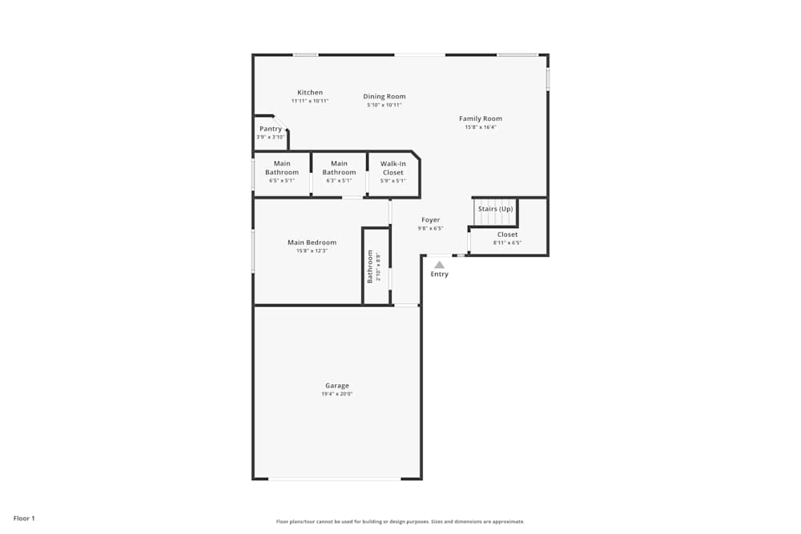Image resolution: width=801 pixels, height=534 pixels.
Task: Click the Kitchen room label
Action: point(310,93)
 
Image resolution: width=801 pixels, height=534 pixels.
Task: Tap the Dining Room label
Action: point(384,97)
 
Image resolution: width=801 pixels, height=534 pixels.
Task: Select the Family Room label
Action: point(481,119)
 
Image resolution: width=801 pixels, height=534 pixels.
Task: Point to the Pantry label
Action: point(271,129)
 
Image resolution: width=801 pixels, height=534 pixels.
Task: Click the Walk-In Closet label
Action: point(392,168)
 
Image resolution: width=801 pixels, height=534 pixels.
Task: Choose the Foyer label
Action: point(431,220)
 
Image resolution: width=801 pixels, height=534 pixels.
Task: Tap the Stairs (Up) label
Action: point(495,209)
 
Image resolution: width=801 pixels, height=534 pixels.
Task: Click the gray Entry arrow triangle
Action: point(439,263)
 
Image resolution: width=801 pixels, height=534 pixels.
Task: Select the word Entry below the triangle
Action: point(440,275)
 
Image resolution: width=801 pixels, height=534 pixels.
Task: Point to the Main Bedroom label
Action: point(312,243)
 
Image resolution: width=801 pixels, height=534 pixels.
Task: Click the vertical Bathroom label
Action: point(370,267)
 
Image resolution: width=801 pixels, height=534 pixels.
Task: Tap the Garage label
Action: point(337,386)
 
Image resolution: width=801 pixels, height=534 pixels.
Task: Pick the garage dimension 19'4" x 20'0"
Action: point(337,394)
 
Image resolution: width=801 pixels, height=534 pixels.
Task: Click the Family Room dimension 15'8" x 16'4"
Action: point(481,127)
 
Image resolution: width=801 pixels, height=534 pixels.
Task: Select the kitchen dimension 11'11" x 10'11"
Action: point(310,101)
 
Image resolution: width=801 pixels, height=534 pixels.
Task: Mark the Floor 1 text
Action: point(25,519)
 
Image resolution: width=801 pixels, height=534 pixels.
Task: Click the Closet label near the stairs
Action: point(507,235)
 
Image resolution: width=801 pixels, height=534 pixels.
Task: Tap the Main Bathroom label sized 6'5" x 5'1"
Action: point(282,168)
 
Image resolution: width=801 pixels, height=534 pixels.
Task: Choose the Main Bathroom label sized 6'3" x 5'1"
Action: point(339,168)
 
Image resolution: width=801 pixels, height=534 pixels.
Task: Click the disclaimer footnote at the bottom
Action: point(400,521)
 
